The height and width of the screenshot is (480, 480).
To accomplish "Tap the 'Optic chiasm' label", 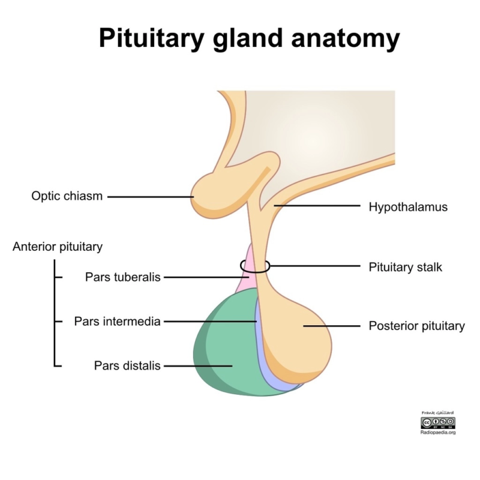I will click(67, 196).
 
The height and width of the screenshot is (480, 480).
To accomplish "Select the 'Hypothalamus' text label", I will click(408, 207).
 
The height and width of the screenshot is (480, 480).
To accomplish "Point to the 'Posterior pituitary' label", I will click(416, 326).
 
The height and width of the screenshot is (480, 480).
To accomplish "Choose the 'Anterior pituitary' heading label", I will click(58, 247).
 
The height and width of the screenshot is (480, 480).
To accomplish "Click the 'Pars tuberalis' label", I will click(123, 277).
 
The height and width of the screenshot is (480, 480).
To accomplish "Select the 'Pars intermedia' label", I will click(118, 322).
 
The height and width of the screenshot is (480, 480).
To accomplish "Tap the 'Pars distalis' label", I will click(127, 365).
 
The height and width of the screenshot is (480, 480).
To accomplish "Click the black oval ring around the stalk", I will click(242, 266).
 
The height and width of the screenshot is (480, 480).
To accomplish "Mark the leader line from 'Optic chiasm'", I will click(150, 196).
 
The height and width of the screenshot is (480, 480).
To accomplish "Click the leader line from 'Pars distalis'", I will click(198, 365).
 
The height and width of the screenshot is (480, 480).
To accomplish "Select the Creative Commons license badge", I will click(438, 422).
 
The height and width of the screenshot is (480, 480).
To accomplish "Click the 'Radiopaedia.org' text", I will click(438, 432).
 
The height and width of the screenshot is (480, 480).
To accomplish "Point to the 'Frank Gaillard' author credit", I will click(438, 413).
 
